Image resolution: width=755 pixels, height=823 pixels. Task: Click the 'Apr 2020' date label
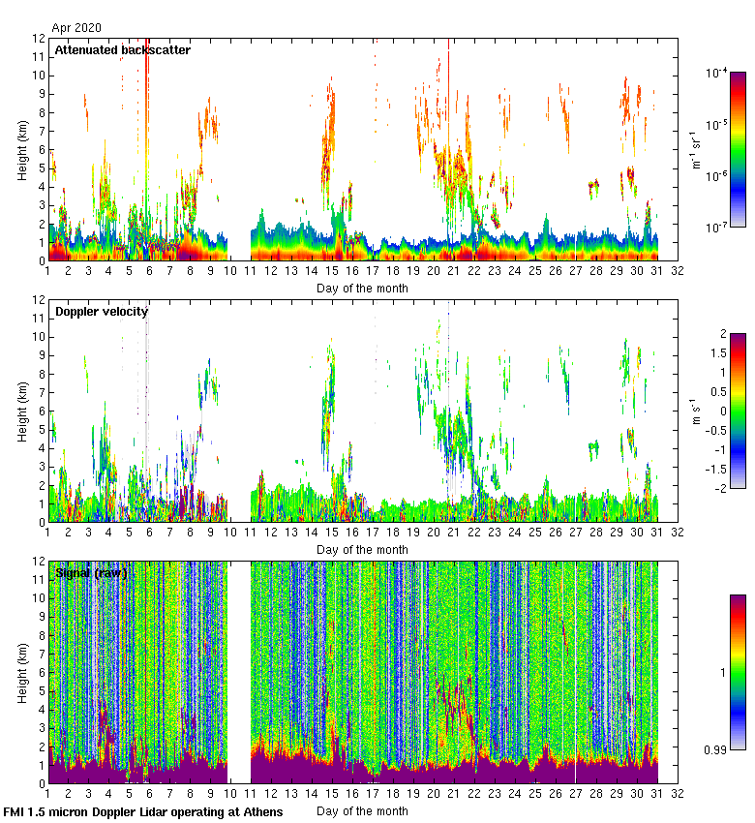(x=75, y=28)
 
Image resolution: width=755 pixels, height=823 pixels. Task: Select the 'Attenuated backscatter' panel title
(x=122, y=50)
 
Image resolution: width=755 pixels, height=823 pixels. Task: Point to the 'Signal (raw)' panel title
(x=91, y=573)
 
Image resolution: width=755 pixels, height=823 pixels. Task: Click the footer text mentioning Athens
(x=143, y=811)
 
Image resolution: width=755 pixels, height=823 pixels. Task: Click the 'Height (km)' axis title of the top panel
(x=21, y=149)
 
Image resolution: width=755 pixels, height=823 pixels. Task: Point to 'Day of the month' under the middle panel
(x=362, y=549)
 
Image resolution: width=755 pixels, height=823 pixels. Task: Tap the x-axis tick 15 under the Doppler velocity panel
(x=332, y=533)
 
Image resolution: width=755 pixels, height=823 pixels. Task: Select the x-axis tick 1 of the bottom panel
(x=47, y=794)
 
